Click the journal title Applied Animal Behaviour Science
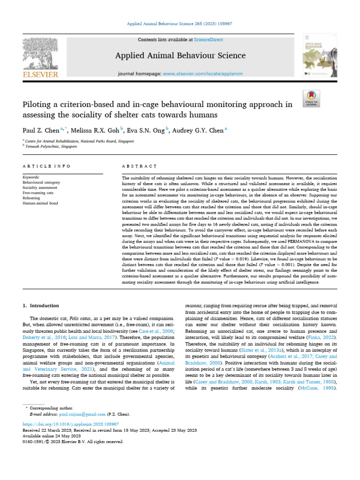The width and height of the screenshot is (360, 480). tap(180, 56)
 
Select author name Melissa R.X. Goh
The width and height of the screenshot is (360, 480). tap(95, 131)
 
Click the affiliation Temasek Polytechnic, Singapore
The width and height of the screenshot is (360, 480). tap(52, 146)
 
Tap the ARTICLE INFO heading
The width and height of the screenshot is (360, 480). tap(47, 166)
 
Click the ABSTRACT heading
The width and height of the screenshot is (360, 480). tap(139, 166)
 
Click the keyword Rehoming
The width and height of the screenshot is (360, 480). tap(31, 198)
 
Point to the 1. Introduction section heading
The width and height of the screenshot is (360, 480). tap(41, 306)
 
